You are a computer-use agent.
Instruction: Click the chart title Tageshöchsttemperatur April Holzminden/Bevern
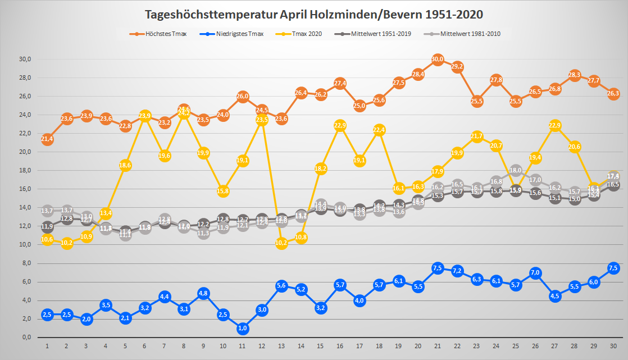[314, 14]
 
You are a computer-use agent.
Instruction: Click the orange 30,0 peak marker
[438, 60]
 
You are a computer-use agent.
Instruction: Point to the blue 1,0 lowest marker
[242, 329]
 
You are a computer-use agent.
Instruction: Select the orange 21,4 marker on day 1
[47, 139]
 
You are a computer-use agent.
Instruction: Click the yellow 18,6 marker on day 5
[125, 165]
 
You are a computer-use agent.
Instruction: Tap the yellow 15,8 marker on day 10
[223, 191]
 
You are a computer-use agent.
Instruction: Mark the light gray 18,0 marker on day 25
[516, 171]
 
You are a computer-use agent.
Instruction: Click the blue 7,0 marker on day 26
[535, 273]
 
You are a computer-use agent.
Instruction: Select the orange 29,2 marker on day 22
[457, 67]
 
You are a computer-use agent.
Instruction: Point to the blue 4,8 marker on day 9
[203, 293]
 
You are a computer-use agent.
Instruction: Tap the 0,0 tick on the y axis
[26, 338]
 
